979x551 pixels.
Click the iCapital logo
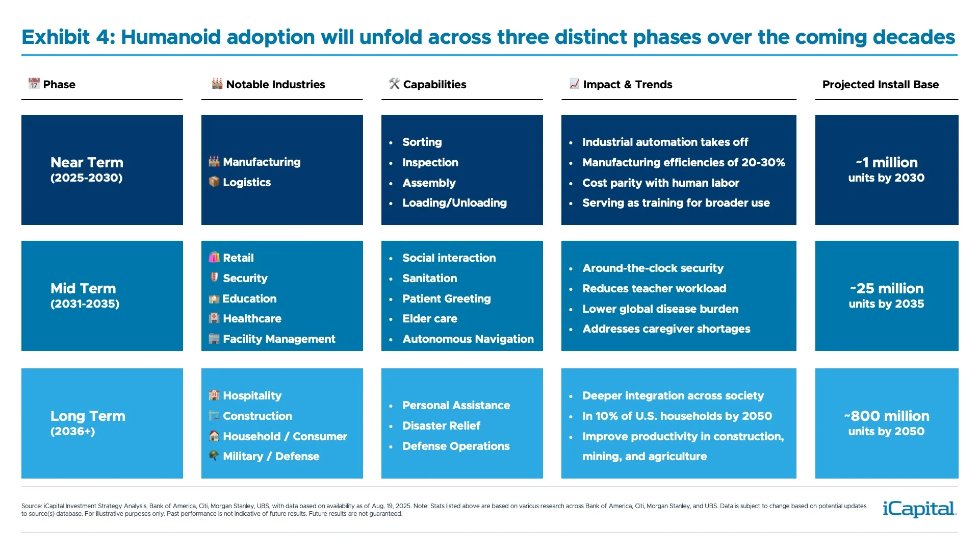click(x=919, y=509)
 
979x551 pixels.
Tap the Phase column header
click(x=59, y=85)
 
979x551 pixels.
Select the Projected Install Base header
click(x=880, y=85)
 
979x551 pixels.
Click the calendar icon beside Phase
click(x=34, y=84)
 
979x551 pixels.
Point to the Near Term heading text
click(x=87, y=163)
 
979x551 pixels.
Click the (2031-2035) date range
click(x=85, y=304)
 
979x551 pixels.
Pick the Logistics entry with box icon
click(x=246, y=183)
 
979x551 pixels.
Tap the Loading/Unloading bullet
click(x=454, y=203)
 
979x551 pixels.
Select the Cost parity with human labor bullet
click(x=660, y=183)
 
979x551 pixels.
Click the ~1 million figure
click(x=887, y=163)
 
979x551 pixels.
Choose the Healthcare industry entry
click(x=252, y=319)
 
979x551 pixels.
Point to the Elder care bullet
click(x=429, y=319)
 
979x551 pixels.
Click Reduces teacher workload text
click(x=654, y=289)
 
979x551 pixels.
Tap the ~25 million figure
click(x=887, y=289)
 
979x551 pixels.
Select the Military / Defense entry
click(x=271, y=457)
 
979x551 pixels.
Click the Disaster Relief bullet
click(x=441, y=426)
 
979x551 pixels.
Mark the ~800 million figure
click(x=887, y=416)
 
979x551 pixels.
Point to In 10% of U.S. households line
click(x=677, y=416)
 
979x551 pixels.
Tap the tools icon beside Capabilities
click(x=394, y=84)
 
